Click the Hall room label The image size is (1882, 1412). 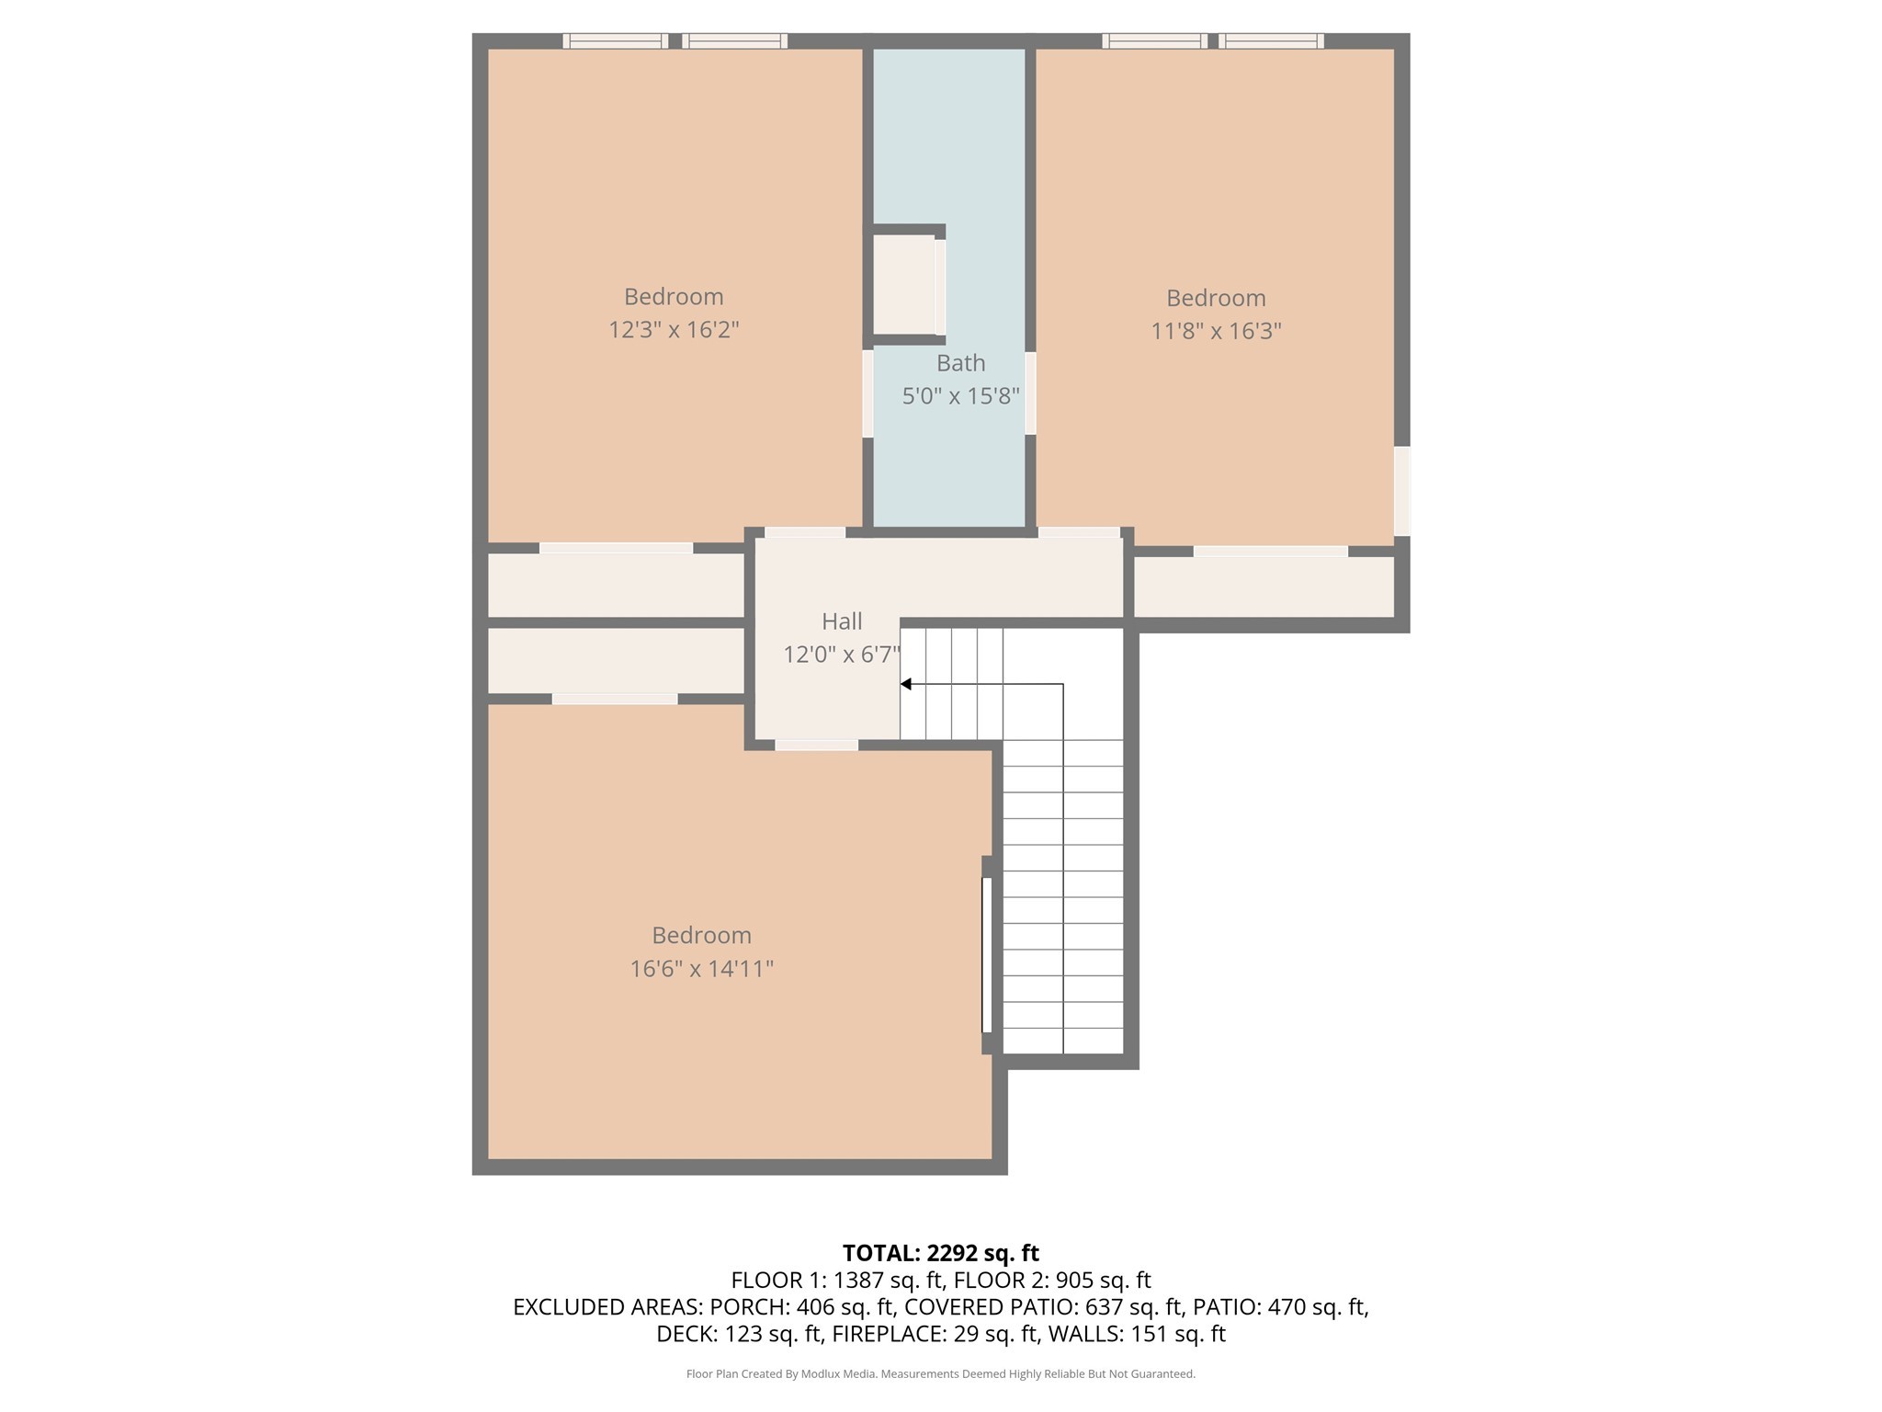pyautogui.click(x=841, y=622)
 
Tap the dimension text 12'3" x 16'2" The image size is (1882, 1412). pyautogui.click(x=674, y=330)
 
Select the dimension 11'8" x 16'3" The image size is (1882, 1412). pyautogui.click(x=1216, y=331)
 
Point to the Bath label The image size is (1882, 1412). pyautogui.click(x=960, y=363)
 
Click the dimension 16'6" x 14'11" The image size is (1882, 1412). pyautogui.click(x=701, y=969)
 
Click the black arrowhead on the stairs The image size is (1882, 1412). pyautogui.click(x=905, y=684)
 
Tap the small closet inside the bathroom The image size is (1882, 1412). pyautogui.click(x=904, y=284)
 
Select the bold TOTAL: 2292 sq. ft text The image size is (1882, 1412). pyautogui.click(x=940, y=1253)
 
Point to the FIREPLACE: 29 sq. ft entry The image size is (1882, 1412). pyautogui.click(x=935, y=1333)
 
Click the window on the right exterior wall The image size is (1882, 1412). pyautogui.click(x=1401, y=491)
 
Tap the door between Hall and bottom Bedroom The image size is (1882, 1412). pyautogui.click(x=816, y=745)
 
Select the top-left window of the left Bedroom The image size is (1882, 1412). pyautogui.click(x=615, y=40)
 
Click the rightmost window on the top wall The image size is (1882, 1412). pyautogui.click(x=1271, y=40)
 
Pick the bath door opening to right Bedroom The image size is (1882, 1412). pyautogui.click(x=1030, y=393)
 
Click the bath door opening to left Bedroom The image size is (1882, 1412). pyautogui.click(x=867, y=393)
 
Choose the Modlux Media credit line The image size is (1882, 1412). pyautogui.click(x=940, y=1374)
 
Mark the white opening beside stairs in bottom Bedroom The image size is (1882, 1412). pyautogui.click(x=987, y=954)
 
